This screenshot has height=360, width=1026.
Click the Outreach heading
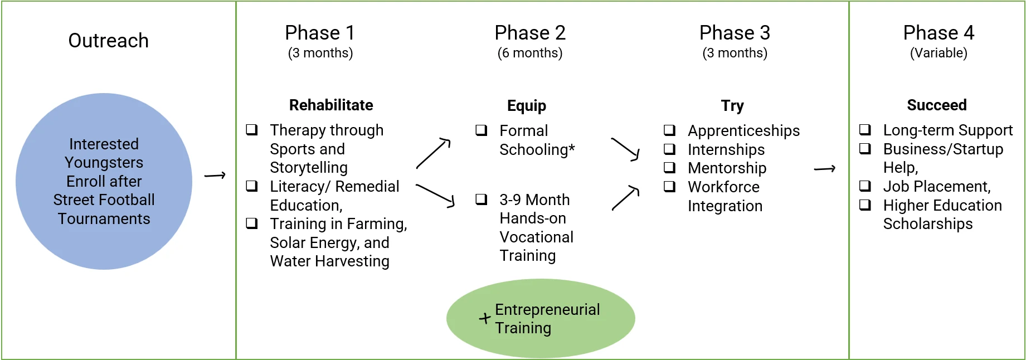pyautogui.click(x=108, y=41)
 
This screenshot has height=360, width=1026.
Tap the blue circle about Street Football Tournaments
pyautogui.click(x=104, y=181)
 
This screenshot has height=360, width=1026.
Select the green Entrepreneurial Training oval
pyautogui.click(x=541, y=318)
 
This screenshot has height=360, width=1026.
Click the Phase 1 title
pyautogui.click(x=320, y=33)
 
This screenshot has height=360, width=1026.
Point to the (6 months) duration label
pyautogui.click(x=530, y=53)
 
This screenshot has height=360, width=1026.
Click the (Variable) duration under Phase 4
pyautogui.click(x=939, y=53)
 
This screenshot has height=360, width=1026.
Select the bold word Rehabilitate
pyautogui.click(x=331, y=105)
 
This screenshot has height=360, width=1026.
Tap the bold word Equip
pyautogui.click(x=527, y=106)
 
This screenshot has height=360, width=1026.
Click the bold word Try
pyautogui.click(x=732, y=106)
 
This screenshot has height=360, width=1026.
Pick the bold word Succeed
pyautogui.click(x=937, y=105)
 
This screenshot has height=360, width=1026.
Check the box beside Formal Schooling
pyautogui.click(x=481, y=130)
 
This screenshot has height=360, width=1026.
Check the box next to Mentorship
pyautogui.click(x=669, y=168)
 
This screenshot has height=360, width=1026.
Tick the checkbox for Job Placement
pyautogui.click(x=865, y=186)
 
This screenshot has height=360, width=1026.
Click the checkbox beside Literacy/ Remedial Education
pyautogui.click(x=252, y=186)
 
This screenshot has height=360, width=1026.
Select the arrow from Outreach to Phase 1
pyautogui.click(x=215, y=176)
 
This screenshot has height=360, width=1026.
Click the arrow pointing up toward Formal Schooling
pyautogui.click(x=433, y=153)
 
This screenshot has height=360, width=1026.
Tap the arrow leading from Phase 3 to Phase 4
pyautogui.click(x=824, y=169)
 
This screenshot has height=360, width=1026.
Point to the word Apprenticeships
pyautogui.click(x=743, y=131)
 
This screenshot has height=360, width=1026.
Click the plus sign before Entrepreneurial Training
pyautogui.click(x=485, y=318)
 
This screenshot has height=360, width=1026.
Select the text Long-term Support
pyautogui.click(x=948, y=130)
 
